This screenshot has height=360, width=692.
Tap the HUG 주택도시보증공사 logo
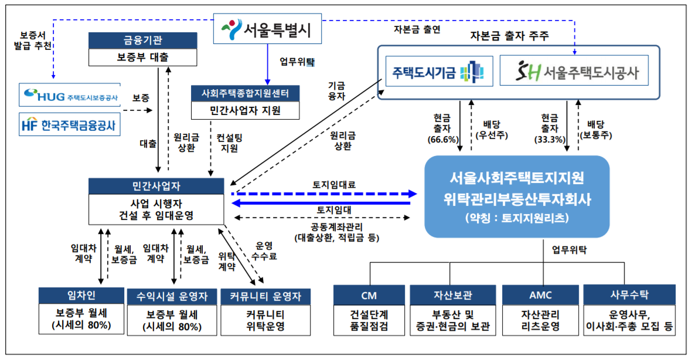pos(69,94)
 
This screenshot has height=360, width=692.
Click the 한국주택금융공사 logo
pos(69,124)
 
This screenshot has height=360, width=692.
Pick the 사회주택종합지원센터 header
pos(246,93)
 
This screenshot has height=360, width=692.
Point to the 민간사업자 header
pos(156,186)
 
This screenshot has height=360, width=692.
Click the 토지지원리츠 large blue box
pos(517,197)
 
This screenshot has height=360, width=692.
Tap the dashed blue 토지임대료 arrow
pos(325,193)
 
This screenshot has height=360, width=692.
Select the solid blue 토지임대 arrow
pos(325,203)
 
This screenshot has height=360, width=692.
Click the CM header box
pos(370,294)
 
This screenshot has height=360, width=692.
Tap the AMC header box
pos(540,294)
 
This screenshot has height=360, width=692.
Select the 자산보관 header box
pos(454,294)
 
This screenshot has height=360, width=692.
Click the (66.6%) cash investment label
pos(443,140)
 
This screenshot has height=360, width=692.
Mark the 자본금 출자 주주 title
pos(509,36)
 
